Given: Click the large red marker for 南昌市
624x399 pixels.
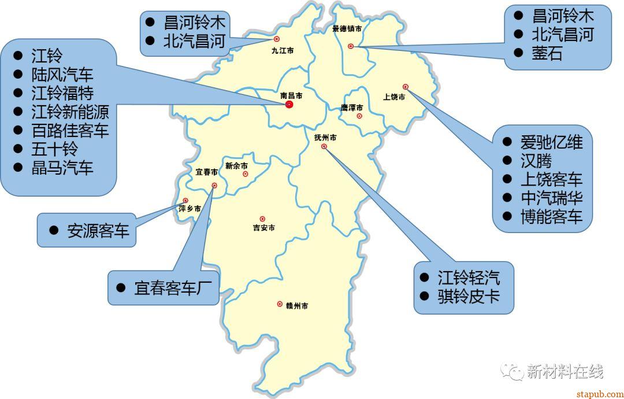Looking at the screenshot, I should click(289, 104).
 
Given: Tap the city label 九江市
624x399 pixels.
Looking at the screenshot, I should click(283, 51).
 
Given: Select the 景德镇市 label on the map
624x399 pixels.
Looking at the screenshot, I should click(347, 28).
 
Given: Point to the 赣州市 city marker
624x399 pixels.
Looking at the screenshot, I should click(280, 304).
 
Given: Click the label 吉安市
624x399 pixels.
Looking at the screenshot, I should click(263, 228).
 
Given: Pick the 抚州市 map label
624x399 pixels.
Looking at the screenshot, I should click(325, 138).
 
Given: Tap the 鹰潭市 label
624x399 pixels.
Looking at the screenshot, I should click(352, 108).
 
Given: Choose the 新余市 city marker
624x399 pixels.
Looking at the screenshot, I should click(246, 173).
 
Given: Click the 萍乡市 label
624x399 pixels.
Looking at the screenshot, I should click(190, 209).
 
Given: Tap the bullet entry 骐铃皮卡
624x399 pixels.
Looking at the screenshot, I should click(468, 296).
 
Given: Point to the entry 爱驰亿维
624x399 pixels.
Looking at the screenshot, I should click(551, 142).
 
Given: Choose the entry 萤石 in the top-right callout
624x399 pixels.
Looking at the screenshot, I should click(547, 54).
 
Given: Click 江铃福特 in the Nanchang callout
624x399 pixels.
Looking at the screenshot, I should click(62, 93).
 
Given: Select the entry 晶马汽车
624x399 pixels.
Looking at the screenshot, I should click(62, 168).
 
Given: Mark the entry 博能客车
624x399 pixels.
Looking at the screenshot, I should click(551, 217).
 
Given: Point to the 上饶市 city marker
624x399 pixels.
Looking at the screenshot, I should click(406, 87).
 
